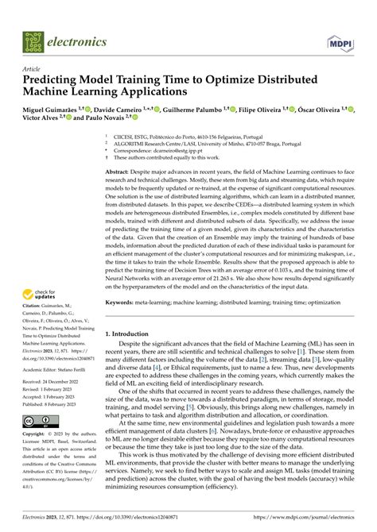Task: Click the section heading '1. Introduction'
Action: pos(130,335)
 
